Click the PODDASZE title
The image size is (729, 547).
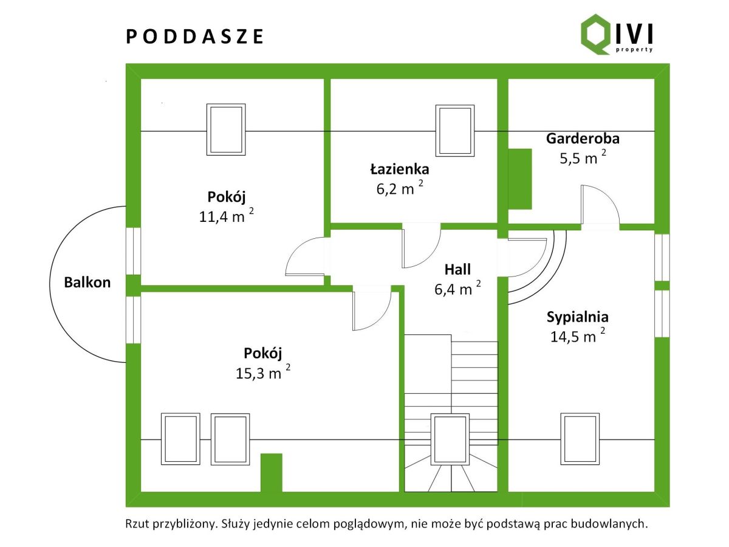[x=195, y=36]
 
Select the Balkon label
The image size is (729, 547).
[x=88, y=282]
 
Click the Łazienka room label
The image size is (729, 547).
[x=400, y=168]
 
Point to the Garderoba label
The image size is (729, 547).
[x=583, y=138]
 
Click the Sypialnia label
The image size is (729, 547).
[x=577, y=317]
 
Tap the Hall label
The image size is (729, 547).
[x=457, y=269]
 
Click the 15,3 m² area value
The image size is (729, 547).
[x=262, y=372]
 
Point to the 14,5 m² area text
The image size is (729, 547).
[x=578, y=336]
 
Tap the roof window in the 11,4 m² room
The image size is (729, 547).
[x=226, y=129]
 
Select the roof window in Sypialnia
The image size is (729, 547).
[x=580, y=439]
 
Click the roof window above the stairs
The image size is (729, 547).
[x=450, y=439]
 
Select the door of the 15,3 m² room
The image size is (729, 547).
[x=371, y=309]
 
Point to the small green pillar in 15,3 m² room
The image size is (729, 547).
[x=271, y=472]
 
